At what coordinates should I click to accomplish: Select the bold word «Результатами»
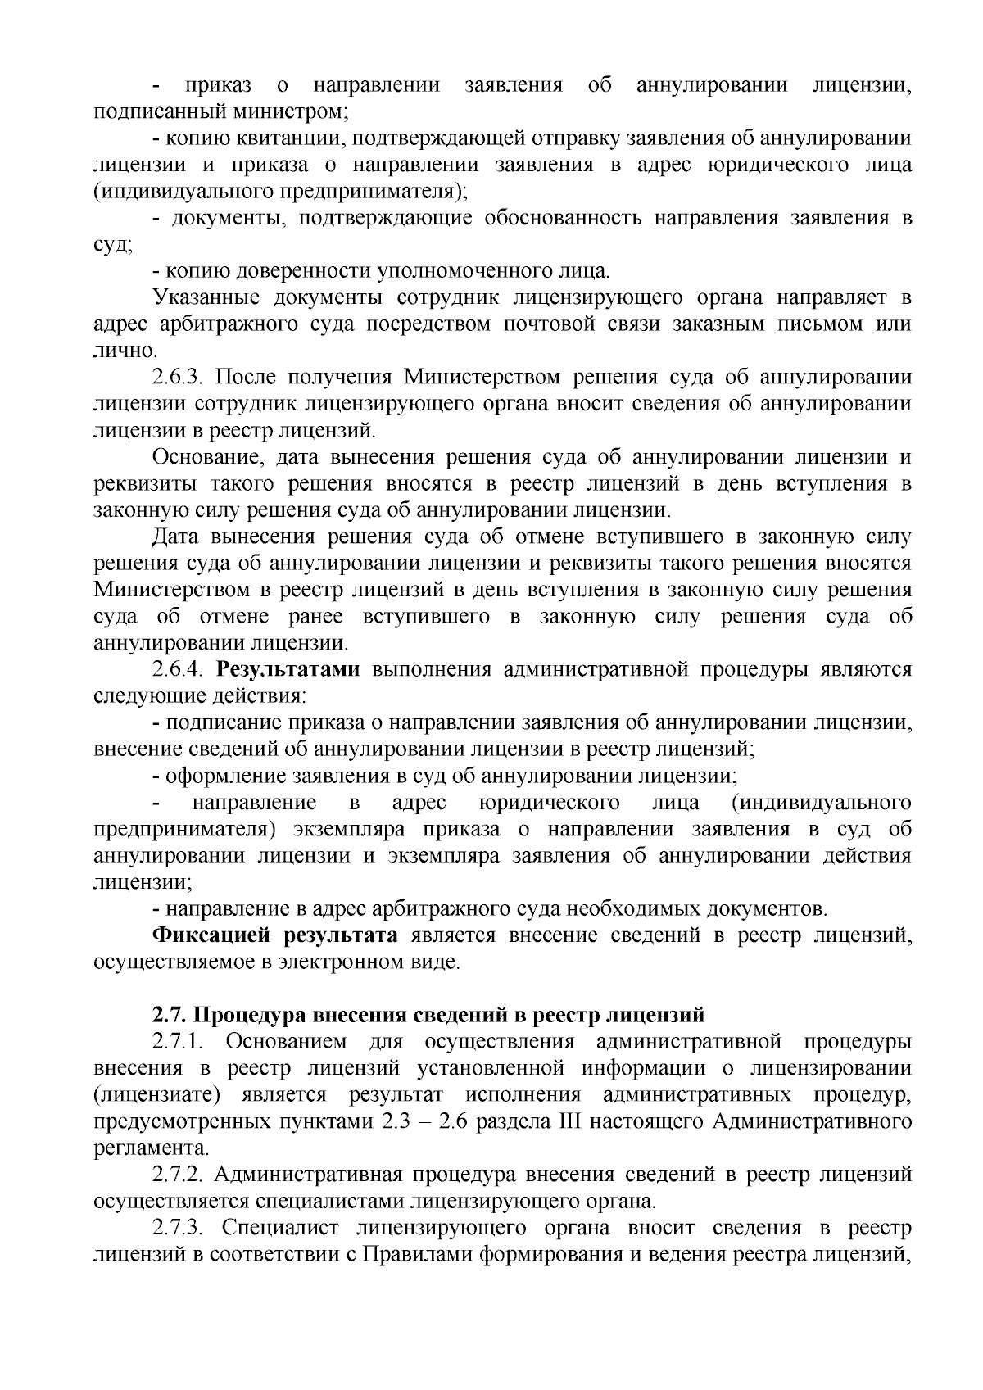288,670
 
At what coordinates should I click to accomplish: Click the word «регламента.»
147,1148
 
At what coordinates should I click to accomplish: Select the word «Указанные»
206,297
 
